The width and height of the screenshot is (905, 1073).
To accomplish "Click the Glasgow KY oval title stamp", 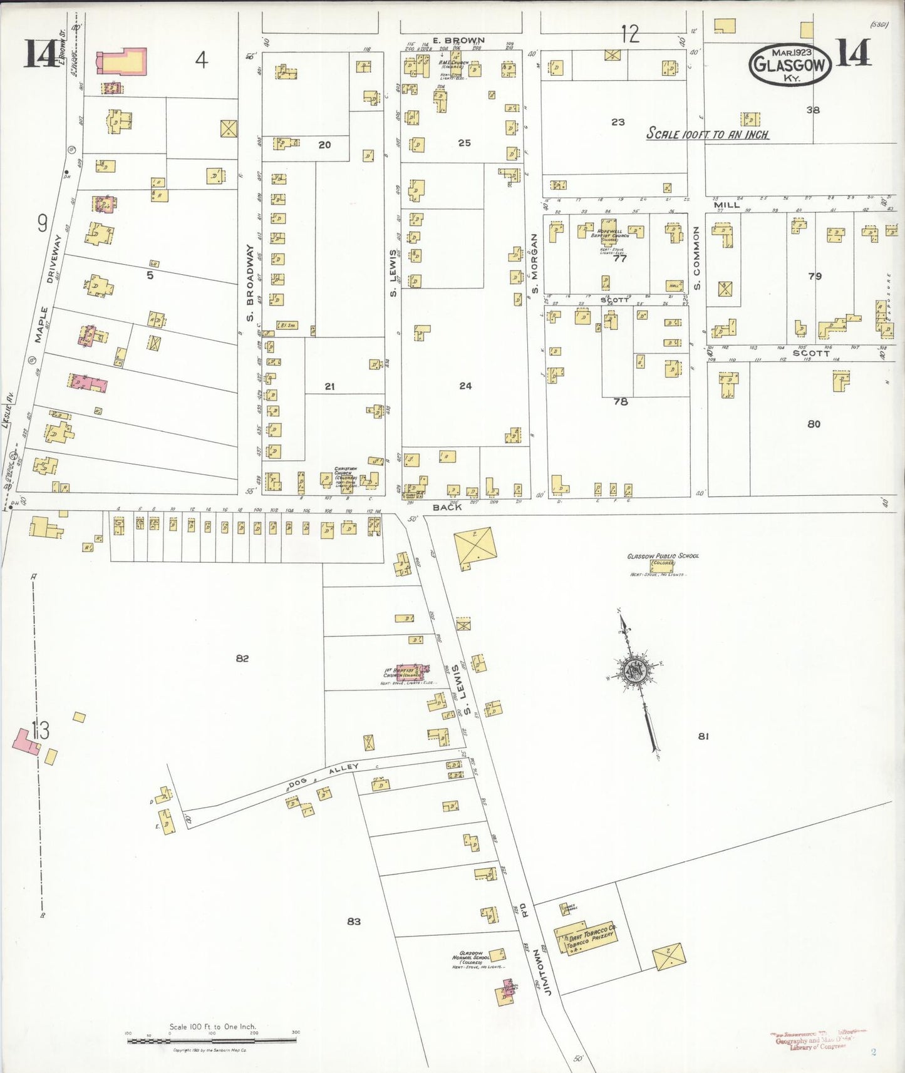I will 790,64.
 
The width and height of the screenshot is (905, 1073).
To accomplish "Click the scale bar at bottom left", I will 212,1040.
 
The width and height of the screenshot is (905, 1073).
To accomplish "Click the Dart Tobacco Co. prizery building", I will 586,937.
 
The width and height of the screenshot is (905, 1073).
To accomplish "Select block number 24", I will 465,386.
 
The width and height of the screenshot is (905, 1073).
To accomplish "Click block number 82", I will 242,658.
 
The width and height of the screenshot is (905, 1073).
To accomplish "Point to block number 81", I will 703,736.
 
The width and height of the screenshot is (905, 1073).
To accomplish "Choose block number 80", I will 814,424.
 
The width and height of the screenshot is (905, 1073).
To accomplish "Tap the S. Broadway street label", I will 250,284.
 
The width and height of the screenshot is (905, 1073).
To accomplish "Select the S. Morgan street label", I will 534,263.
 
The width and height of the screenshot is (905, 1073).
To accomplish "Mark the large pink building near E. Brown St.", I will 122,62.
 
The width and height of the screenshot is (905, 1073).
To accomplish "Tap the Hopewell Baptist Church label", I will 611,232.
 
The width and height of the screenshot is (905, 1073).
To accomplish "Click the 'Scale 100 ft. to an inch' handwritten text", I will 707,133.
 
